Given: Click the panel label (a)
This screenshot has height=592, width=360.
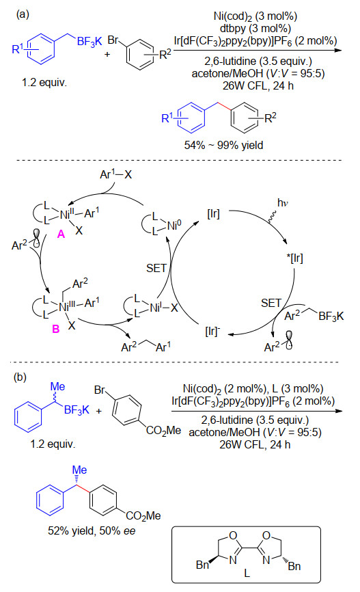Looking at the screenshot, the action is (x=23, y=14).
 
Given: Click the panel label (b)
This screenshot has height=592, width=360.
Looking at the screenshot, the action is (x=20, y=377).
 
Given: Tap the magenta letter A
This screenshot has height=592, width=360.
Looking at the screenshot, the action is (x=61, y=234).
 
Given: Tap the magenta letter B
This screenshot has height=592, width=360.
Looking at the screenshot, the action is (x=56, y=329).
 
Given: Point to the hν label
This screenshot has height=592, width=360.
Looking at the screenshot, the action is (x=283, y=203).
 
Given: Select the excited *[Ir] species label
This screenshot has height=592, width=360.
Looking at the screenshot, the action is (x=294, y=258).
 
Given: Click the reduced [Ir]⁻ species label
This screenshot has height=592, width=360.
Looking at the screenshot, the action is (x=213, y=331).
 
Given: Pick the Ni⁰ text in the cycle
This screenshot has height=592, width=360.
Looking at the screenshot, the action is (x=174, y=226).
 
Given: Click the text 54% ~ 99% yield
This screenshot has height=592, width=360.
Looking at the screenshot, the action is (x=223, y=145).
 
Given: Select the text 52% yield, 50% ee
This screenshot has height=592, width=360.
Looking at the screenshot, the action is (x=92, y=531).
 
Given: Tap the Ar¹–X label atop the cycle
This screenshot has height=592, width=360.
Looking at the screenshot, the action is (x=115, y=174).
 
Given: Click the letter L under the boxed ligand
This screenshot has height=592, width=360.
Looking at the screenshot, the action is (x=247, y=573).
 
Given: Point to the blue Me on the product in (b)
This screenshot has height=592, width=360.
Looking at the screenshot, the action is (x=79, y=470).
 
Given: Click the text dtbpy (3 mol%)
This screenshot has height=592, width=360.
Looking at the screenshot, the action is (x=255, y=28).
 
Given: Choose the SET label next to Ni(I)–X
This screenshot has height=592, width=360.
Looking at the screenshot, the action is (x=156, y=268).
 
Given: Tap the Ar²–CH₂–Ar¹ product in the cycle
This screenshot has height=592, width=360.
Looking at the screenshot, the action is (x=146, y=346).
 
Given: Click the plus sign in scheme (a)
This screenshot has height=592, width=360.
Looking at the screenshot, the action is (x=107, y=55).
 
